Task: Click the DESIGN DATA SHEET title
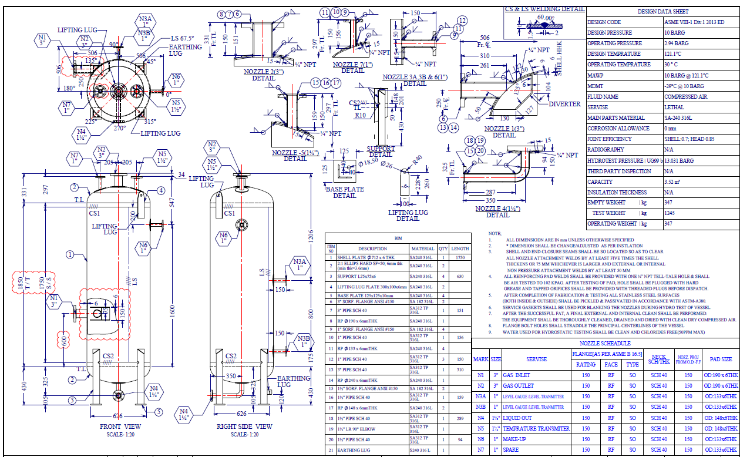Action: pos(663,11)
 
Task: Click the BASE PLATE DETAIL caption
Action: pos(345,192)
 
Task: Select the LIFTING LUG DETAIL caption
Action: pos(408,215)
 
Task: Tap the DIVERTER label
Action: pos(564,105)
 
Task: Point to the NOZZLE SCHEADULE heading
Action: pos(605,343)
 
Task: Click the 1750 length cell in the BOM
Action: pos(460,257)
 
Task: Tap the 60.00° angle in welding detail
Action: pos(546,19)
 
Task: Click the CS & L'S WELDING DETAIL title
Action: pos(545,9)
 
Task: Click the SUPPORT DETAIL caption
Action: pos(381,152)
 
